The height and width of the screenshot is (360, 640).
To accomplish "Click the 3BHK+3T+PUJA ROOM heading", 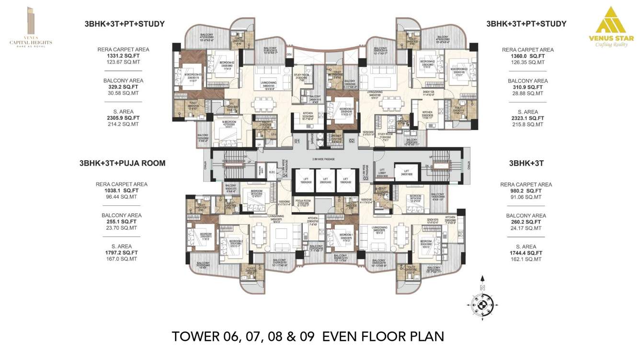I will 122,163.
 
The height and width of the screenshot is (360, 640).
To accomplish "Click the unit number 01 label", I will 297,141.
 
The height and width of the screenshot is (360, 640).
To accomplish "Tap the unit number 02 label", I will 351,141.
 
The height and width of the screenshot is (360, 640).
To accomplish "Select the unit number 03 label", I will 366,178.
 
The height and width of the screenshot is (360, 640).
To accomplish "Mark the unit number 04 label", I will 284,175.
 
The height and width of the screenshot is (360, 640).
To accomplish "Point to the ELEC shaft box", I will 272,171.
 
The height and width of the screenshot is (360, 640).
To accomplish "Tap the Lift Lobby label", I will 382,174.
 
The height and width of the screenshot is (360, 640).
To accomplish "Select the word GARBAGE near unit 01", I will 312,138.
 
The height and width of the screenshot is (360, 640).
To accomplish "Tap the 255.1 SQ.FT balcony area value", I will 122,222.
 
